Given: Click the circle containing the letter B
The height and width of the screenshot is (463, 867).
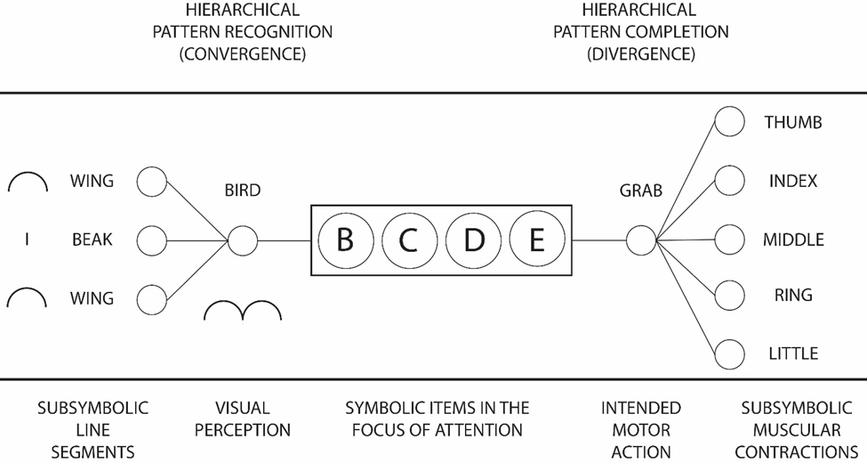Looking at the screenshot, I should (x=345, y=240).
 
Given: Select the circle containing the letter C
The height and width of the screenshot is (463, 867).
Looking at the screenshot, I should (x=408, y=240).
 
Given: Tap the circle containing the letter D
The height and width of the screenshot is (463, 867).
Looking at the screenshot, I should (x=473, y=240).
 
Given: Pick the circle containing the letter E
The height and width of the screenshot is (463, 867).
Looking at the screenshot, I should (x=536, y=240).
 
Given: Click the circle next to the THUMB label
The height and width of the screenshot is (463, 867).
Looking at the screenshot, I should (x=730, y=123).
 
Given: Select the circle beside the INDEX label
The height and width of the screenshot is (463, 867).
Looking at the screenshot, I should (x=730, y=181).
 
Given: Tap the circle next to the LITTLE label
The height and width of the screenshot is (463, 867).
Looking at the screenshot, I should (x=730, y=353).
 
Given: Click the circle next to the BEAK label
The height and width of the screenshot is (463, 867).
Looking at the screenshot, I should (x=152, y=240).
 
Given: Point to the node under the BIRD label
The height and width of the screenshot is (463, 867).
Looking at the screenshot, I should (x=241, y=240).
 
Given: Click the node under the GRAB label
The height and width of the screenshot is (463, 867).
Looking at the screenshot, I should (x=639, y=240).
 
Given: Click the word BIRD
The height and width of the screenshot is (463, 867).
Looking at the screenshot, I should (x=243, y=191).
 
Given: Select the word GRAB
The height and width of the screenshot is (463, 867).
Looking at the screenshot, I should (x=641, y=191).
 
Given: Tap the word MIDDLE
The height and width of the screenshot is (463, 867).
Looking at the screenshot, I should (x=793, y=240).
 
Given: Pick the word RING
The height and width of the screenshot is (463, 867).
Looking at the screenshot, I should (x=792, y=296).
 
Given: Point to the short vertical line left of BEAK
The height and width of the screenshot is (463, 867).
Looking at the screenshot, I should (x=27, y=240).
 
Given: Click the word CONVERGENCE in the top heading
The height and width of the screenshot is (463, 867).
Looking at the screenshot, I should (x=242, y=53).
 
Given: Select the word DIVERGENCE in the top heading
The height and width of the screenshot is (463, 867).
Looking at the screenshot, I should (x=640, y=53).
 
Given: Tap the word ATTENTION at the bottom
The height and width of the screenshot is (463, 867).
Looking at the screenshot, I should (x=478, y=430).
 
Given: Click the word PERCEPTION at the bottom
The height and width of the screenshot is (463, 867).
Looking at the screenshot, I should (x=243, y=430).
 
